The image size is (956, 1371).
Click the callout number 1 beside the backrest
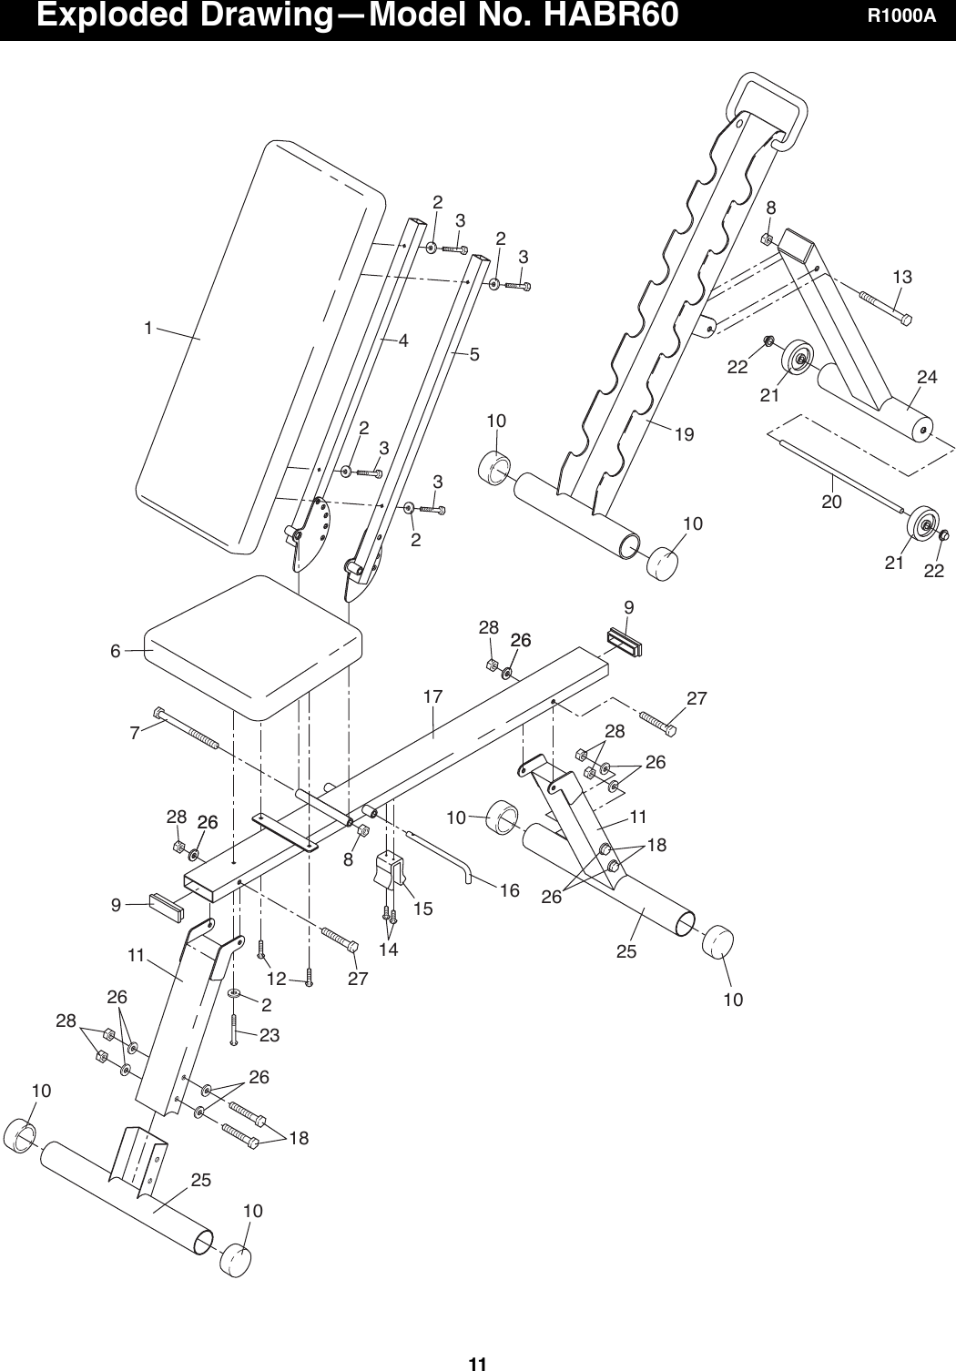point(147,328)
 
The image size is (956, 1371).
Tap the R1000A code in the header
point(900,17)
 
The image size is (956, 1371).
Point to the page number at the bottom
point(477,1363)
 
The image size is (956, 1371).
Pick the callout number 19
point(684,435)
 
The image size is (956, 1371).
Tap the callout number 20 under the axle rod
point(831,501)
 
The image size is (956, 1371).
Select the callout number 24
point(927,376)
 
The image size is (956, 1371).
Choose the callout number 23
point(269,1035)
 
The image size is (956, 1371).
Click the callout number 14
point(389,950)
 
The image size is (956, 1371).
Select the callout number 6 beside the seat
point(116,651)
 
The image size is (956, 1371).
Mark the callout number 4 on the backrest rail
point(402,340)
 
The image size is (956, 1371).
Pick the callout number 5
point(474,354)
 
